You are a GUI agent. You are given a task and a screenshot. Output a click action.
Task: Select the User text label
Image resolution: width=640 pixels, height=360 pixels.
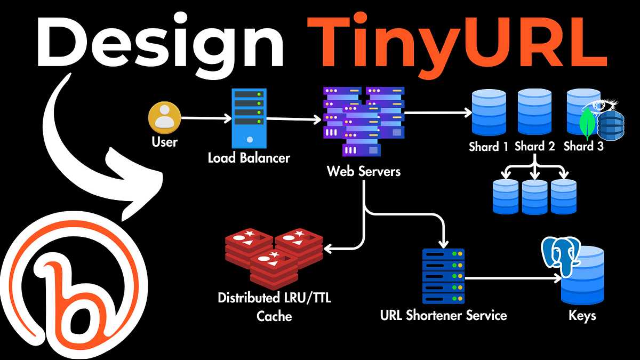(164, 142)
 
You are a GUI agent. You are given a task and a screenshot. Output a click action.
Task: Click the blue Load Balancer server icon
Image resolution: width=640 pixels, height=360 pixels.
(249, 118)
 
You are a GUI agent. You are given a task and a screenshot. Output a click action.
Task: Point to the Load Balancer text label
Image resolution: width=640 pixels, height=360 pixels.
(249, 158)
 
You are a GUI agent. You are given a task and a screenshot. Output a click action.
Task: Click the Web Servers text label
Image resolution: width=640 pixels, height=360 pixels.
(364, 172)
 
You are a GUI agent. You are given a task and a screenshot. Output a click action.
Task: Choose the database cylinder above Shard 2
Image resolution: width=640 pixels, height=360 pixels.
(534, 113)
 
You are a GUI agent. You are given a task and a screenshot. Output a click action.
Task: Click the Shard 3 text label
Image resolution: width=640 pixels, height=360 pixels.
(583, 147)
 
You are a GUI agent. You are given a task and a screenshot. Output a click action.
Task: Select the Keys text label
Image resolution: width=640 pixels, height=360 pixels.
(582, 316)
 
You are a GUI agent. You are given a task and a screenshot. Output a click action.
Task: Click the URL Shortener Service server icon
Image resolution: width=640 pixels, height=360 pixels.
(443, 276)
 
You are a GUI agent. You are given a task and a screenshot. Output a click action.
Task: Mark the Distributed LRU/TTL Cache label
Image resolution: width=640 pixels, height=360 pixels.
(274, 307)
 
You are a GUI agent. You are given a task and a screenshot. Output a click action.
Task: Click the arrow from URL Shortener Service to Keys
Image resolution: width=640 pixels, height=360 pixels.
(512, 278)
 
